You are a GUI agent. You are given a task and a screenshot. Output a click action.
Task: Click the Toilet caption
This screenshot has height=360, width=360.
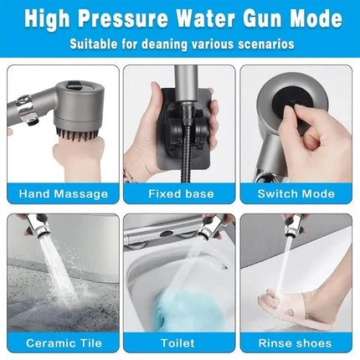(179, 342)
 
